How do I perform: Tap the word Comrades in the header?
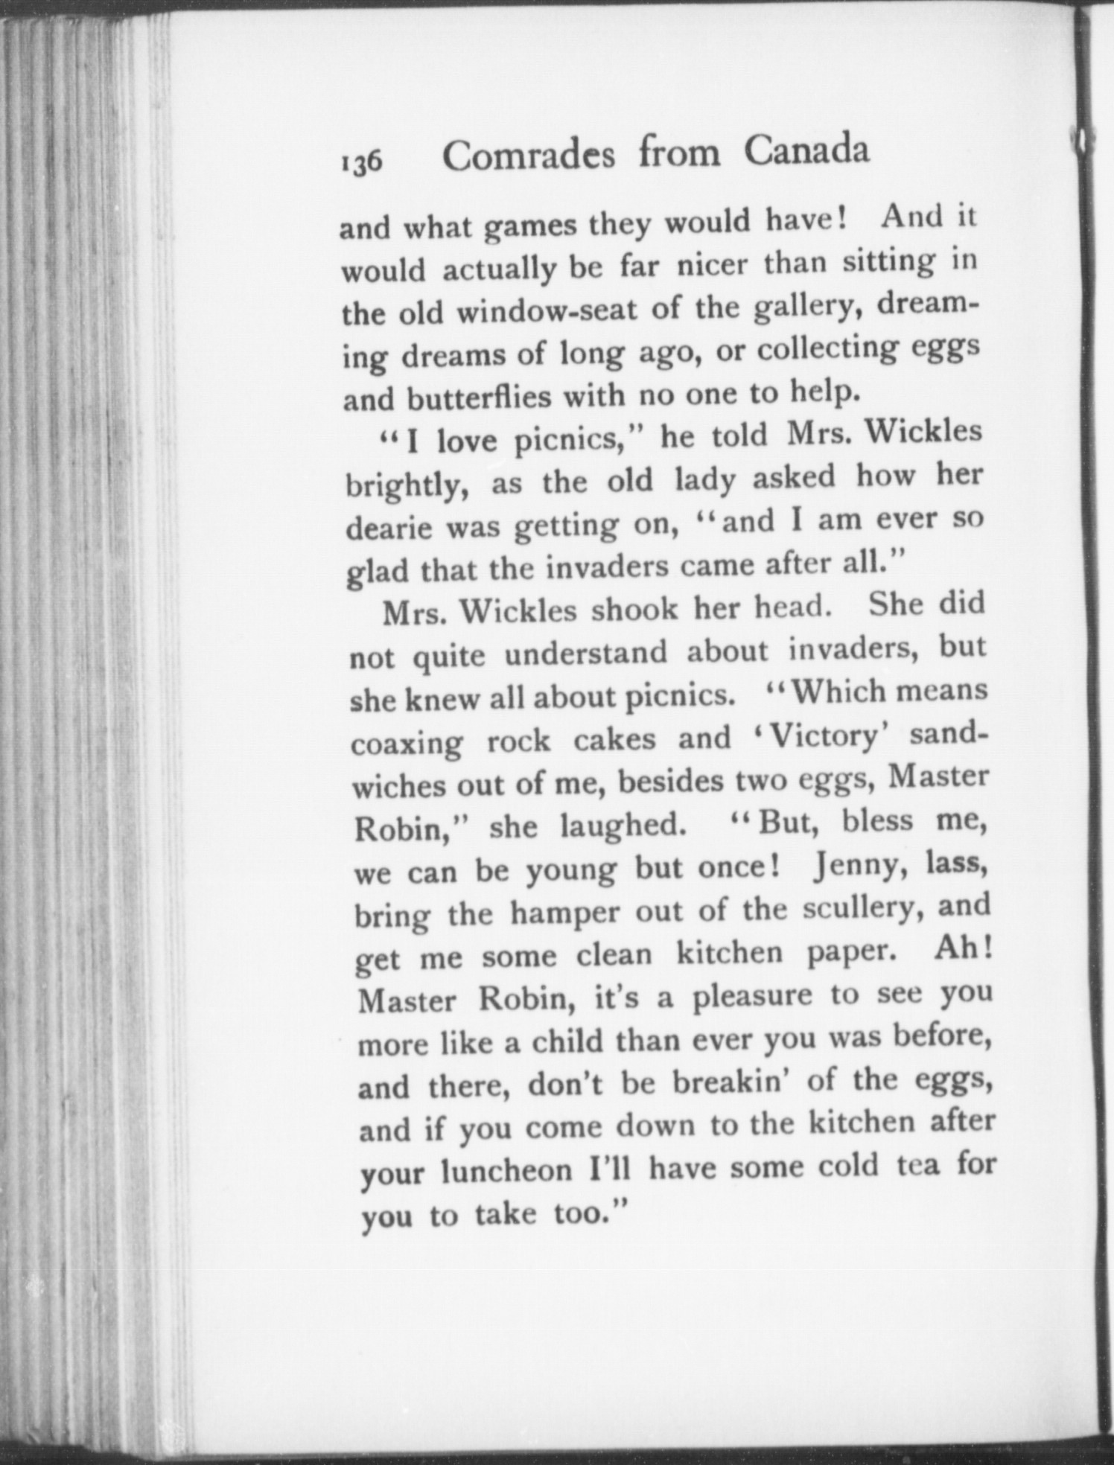(529, 155)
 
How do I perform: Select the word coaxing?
(406, 744)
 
